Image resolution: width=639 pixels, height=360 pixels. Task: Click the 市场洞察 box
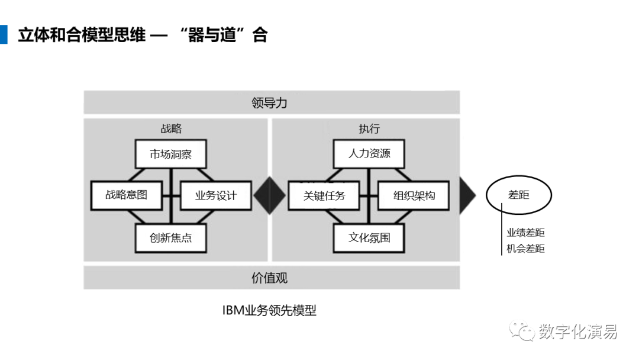[x=171, y=154]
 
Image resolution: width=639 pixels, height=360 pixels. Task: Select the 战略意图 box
[x=127, y=195]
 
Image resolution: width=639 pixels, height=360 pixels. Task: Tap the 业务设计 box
[x=216, y=196]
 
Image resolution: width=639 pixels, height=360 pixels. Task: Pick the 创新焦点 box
[x=171, y=237]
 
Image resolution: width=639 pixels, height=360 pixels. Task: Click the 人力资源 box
[x=369, y=154]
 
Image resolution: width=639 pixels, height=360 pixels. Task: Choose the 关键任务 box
[x=324, y=196]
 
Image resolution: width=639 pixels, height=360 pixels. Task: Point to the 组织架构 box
[x=414, y=196]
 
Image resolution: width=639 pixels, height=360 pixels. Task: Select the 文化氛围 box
[x=369, y=237]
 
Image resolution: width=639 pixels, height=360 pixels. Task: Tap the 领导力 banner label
[x=269, y=103]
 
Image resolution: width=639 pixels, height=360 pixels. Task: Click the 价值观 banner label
[x=269, y=278]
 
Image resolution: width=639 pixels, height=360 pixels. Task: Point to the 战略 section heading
[x=171, y=129]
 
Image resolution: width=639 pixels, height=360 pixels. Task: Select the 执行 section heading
[x=369, y=129]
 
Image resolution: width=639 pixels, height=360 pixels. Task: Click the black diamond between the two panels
[x=269, y=196]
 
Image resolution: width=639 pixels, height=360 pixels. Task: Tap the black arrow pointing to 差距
[x=467, y=196]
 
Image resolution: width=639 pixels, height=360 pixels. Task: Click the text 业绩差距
[x=526, y=233]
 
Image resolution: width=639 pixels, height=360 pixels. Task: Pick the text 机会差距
[x=526, y=249]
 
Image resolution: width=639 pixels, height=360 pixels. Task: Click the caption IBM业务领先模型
[x=269, y=311]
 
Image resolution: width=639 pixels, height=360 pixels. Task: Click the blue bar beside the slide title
[x=4, y=35]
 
